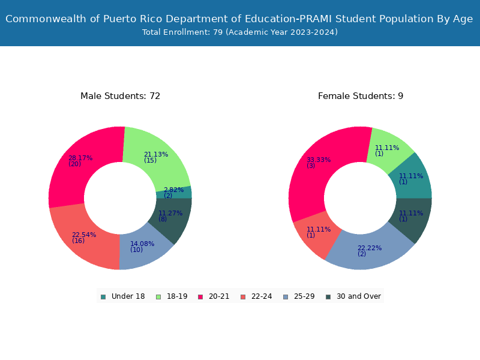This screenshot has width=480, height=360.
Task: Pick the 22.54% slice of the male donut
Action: click(83, 237)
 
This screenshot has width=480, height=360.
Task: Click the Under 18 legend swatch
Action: click(103, 296)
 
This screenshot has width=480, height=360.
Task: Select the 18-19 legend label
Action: click(177, 296)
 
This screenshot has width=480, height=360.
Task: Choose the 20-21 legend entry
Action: click(214, 296)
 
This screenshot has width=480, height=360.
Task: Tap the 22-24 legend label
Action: click(262, 296)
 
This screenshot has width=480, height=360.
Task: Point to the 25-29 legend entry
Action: click(299, 296)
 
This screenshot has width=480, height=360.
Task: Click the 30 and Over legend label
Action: click(358, 296)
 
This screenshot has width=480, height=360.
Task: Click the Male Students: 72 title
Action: click(121, 96)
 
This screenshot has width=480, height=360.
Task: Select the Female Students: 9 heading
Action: click(361, 96)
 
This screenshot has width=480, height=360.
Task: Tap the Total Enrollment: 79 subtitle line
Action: click(240, 32)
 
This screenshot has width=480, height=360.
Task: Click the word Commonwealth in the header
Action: click(46, 19)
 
